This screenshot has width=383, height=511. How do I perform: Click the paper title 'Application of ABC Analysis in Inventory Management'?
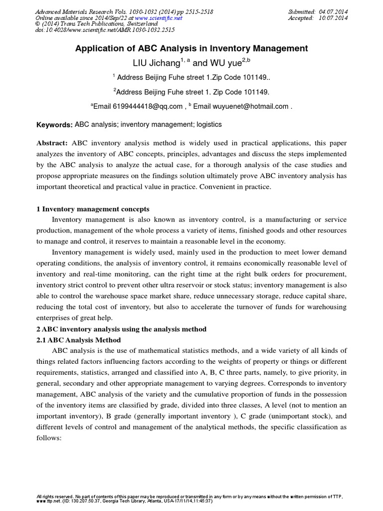pos(191,48)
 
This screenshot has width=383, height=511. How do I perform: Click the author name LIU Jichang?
pos(155,63)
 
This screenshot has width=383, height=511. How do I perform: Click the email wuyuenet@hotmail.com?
pos(251,106)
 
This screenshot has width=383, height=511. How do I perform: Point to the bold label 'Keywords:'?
pos(55,125)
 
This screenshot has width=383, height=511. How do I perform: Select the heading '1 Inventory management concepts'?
pos(93,209)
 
